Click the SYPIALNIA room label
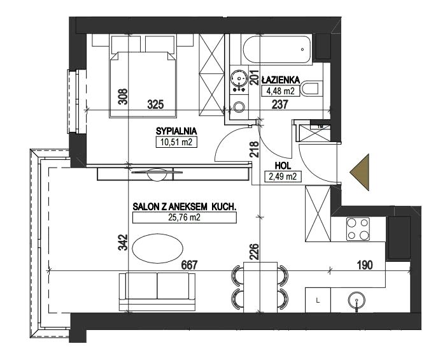click(176, 131)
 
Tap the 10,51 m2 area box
click(176, 143)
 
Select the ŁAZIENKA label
click(281, 80)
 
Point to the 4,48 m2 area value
click(281, 90)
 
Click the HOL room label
click(283, 166)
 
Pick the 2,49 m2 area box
click(283, 176)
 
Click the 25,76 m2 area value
click(184, 217)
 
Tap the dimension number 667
click(189, 265)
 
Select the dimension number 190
click(365, 265)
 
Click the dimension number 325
click(155, 104)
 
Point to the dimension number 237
click(280, 104)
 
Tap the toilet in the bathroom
click(312, 89)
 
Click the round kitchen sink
click(357, 299)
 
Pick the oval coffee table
click(157, 248)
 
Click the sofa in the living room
click(157, 292)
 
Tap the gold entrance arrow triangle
click(360, 172)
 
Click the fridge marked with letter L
click(318, 300)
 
